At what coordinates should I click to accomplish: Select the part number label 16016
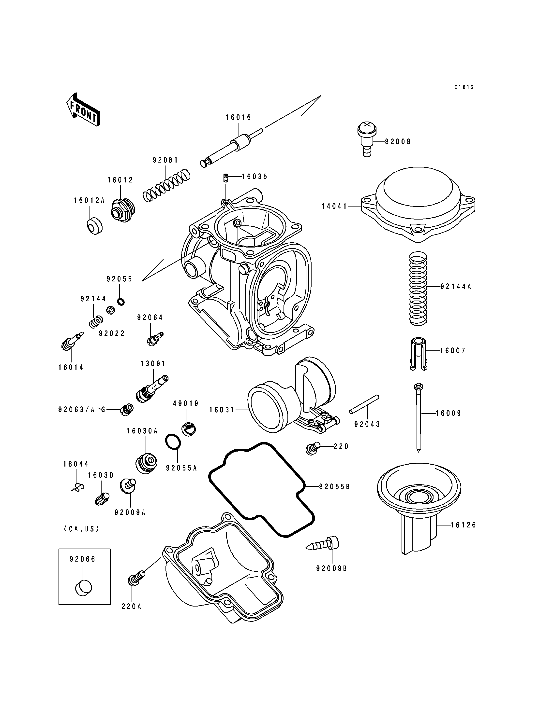coord(238,118)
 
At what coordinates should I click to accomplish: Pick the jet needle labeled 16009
coord(418,416)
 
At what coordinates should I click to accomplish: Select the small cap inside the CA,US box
coord(83,588)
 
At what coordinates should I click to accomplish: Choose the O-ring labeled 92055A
coord(173,442)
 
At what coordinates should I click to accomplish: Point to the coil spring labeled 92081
coord(166,186)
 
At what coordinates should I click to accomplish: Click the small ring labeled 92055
coord(121,302)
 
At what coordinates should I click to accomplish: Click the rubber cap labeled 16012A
coord(94,226)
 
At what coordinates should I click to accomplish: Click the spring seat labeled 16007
coord(418,354)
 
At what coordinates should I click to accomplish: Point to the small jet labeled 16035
coord(225,177)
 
